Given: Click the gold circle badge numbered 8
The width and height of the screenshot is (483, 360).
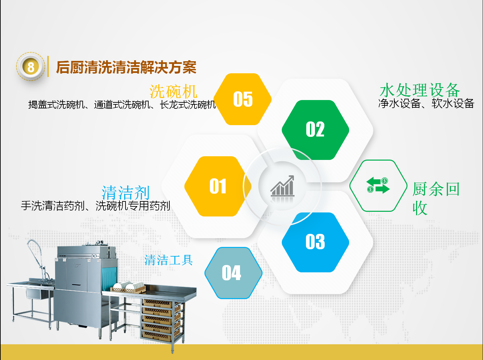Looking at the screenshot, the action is coord(30,67).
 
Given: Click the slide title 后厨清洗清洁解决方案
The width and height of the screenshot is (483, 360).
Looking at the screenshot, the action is coord(126,67).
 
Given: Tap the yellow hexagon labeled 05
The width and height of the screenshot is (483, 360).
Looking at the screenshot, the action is coord(242,99).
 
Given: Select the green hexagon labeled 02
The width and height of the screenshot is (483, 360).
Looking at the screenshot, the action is coord(315,130).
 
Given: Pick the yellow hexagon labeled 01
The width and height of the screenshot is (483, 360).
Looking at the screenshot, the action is coord(218,186).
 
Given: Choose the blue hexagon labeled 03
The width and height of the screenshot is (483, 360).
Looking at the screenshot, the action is coord(315,242).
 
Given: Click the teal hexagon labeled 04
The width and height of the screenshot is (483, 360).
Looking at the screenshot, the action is coord(233,273).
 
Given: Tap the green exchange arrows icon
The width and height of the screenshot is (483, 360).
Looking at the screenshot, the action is coord(378,185).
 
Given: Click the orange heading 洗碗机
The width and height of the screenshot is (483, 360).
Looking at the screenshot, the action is coord(173,91).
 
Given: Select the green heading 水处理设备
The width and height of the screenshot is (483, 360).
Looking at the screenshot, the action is coord(420,90).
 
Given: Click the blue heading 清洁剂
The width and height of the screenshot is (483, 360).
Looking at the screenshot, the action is coord(126,192).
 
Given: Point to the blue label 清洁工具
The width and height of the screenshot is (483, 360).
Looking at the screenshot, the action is coord(169,260).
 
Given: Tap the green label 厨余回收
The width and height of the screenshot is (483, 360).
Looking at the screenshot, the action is coord(436,198).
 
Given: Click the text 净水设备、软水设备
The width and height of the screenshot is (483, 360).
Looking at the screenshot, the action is coord(426,104).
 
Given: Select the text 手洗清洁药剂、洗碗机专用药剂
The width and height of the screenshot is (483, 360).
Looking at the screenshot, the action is coord(95,206).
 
